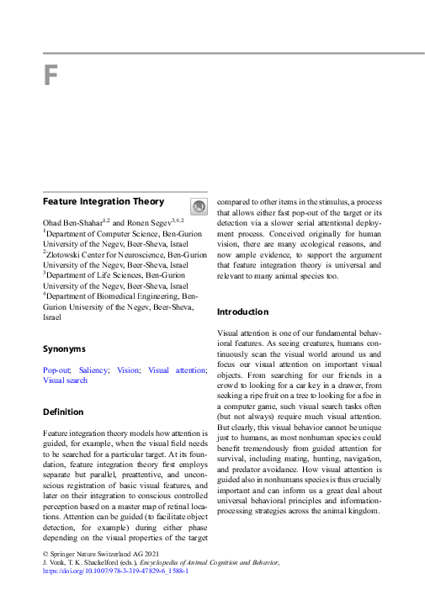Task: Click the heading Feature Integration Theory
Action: [104, 202]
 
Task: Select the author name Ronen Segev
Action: [149, 222]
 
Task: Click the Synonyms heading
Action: [64, 348]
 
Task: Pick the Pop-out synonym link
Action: [57, 370]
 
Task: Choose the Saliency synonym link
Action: [93, 370]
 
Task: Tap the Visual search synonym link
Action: [65, 380]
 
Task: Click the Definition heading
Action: [63, 412]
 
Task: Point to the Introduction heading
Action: [243, 311]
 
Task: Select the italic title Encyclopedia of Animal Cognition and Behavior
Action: [214, 561]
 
